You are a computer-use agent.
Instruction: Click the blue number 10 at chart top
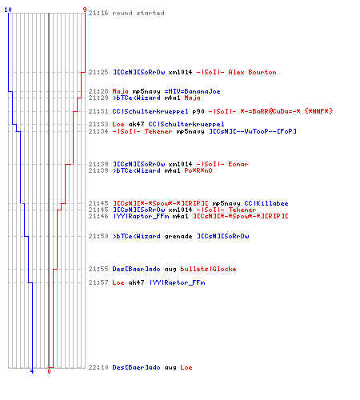[x=8, y=10]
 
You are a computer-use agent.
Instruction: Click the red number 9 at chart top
[x=85, y=10]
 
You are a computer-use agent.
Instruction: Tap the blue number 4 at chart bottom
[x=32, y=371]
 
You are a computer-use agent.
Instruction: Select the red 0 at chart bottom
[x=49, y=371]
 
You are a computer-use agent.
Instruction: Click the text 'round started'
[x=138, y=13]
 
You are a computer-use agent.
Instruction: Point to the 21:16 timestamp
[x=98, y=13]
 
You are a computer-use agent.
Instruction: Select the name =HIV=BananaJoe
[x=192, y=91]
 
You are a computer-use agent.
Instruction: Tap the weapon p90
[x=198, y=111]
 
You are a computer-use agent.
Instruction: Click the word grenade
[x=178, y=236]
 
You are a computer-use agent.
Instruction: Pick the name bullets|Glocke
[x=208, y=269]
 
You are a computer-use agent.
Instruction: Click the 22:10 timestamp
[x=98, y=367]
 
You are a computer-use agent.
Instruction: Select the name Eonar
[x=238, y=164]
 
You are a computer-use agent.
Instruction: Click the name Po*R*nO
[x=198, y=170]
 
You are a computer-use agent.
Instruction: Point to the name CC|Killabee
[x=266, y=203]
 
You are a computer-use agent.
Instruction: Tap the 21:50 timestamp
[x=98, y=236]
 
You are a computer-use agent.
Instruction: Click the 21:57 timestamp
[x=98, y=282]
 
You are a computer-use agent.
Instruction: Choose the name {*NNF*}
[x=318, y=111]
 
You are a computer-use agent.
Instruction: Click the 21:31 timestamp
[x=98, y=111]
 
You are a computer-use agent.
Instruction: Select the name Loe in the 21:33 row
[x=118, y=124]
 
